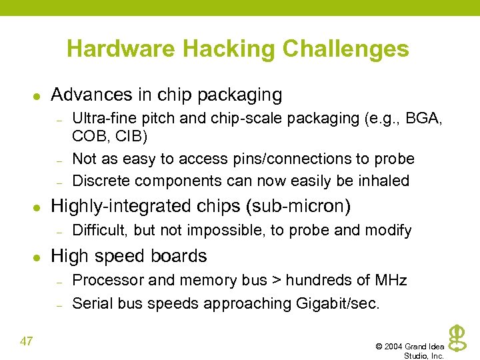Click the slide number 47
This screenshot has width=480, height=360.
[x=27, y=342]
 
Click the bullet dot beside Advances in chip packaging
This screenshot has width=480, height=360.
[x=37, y=96]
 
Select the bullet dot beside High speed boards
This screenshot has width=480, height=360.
[x=37, y=257]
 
